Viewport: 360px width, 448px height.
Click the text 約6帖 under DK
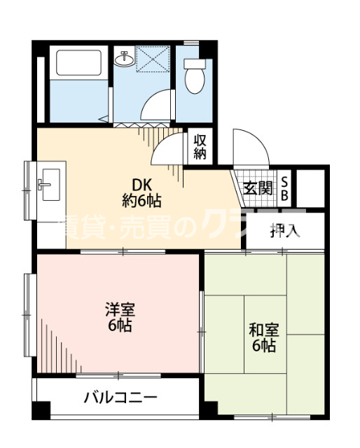(x=142, y=202)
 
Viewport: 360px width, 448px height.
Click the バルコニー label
(x=120, y=398)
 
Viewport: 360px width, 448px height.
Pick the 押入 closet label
(x=285, y=230)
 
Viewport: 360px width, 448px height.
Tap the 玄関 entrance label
(x=258, y=188)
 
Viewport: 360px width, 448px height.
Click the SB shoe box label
(x=285, y=188)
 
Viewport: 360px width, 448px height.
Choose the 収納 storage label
(x=200, y=147)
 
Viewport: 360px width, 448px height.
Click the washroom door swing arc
(x=158, y=105)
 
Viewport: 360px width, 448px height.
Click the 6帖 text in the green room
(x=263, y=346)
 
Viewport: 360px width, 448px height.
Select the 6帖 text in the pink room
(x=120, y=325)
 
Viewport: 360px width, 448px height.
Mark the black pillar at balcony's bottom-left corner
(x=43, y=411)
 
